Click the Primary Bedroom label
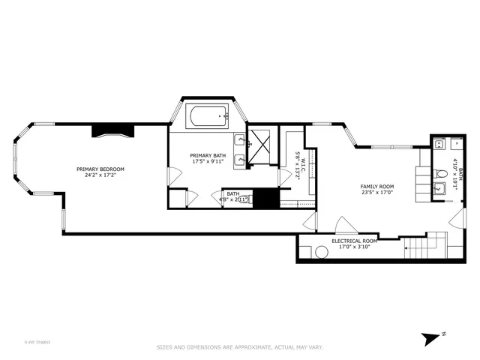pyautogui.click(x=100, y=169)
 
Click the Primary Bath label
pyautogui.click(x=206, y=155)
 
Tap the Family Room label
pyautogui.click(x=377, y=186)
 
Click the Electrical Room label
pyautogui.click(x=355, y=241)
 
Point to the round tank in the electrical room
pyautogui.click(x=322, y=253)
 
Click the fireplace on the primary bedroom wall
pyautogui.click(x=112, y=131)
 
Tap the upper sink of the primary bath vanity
pyautogui.click(x=239, y=139)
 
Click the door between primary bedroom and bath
pyautogui.click(x=172, y=177)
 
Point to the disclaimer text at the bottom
pyautogui.click(x=239, y=346)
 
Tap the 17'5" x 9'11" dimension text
pyautogui.click(x=206, y=161)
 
